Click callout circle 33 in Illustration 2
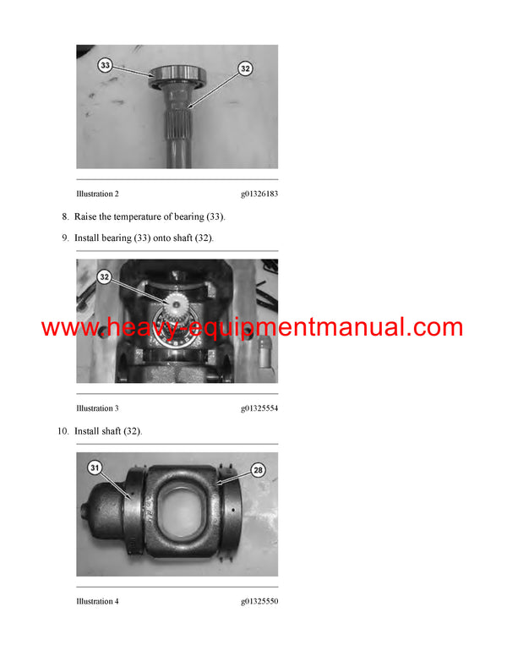coord(105,64)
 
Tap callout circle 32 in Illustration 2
coord(244,68)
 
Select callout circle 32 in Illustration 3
coord(105,276)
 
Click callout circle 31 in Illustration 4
coord(95,467)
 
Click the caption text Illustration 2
coord(97,194)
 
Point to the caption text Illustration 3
coord(97,408)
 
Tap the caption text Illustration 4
coord(97,601)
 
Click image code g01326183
coord(259,194)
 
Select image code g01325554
coord(259,408)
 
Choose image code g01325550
coord(259,601)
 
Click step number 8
coord(65,216)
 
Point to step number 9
coord(65,238)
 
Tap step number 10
coord(63,431)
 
